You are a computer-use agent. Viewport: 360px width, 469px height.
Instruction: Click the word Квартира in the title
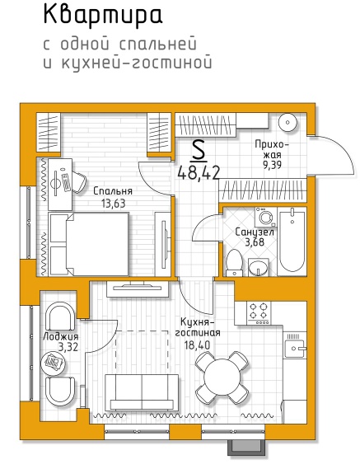coord(103,16)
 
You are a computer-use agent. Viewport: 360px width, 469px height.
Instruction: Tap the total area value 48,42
coord(199,173)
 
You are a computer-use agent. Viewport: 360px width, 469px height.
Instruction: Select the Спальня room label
coord(113,191)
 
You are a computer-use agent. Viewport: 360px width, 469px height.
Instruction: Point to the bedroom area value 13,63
coord(113,204)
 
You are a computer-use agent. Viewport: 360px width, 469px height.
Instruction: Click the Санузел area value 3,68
coord(255,242)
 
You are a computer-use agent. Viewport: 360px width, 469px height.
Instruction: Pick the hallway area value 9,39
coord(272,165)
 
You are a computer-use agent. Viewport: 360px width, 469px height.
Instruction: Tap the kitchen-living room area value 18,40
coord(197,345)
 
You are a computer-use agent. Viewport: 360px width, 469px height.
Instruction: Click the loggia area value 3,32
coord(68,347)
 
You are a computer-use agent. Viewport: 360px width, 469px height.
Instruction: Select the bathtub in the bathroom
coord(292,241)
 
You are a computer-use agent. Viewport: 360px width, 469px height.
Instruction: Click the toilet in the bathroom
coord(234,262)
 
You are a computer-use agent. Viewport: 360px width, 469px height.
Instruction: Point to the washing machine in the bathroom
coord(265,217)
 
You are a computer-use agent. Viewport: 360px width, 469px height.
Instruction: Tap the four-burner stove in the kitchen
coord(259,313)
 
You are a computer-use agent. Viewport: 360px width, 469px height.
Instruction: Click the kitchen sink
coord(295,349)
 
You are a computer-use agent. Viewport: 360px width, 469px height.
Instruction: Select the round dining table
coord(222,378)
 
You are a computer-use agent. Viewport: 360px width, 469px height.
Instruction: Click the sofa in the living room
coord(142,392)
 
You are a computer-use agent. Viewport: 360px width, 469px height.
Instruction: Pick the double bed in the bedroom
coord(89,244)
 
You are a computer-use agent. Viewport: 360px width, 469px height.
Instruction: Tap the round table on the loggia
coord(53,362)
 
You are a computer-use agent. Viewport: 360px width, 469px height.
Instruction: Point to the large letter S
coord(199,151)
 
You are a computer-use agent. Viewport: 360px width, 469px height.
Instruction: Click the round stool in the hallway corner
coord(288,122)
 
